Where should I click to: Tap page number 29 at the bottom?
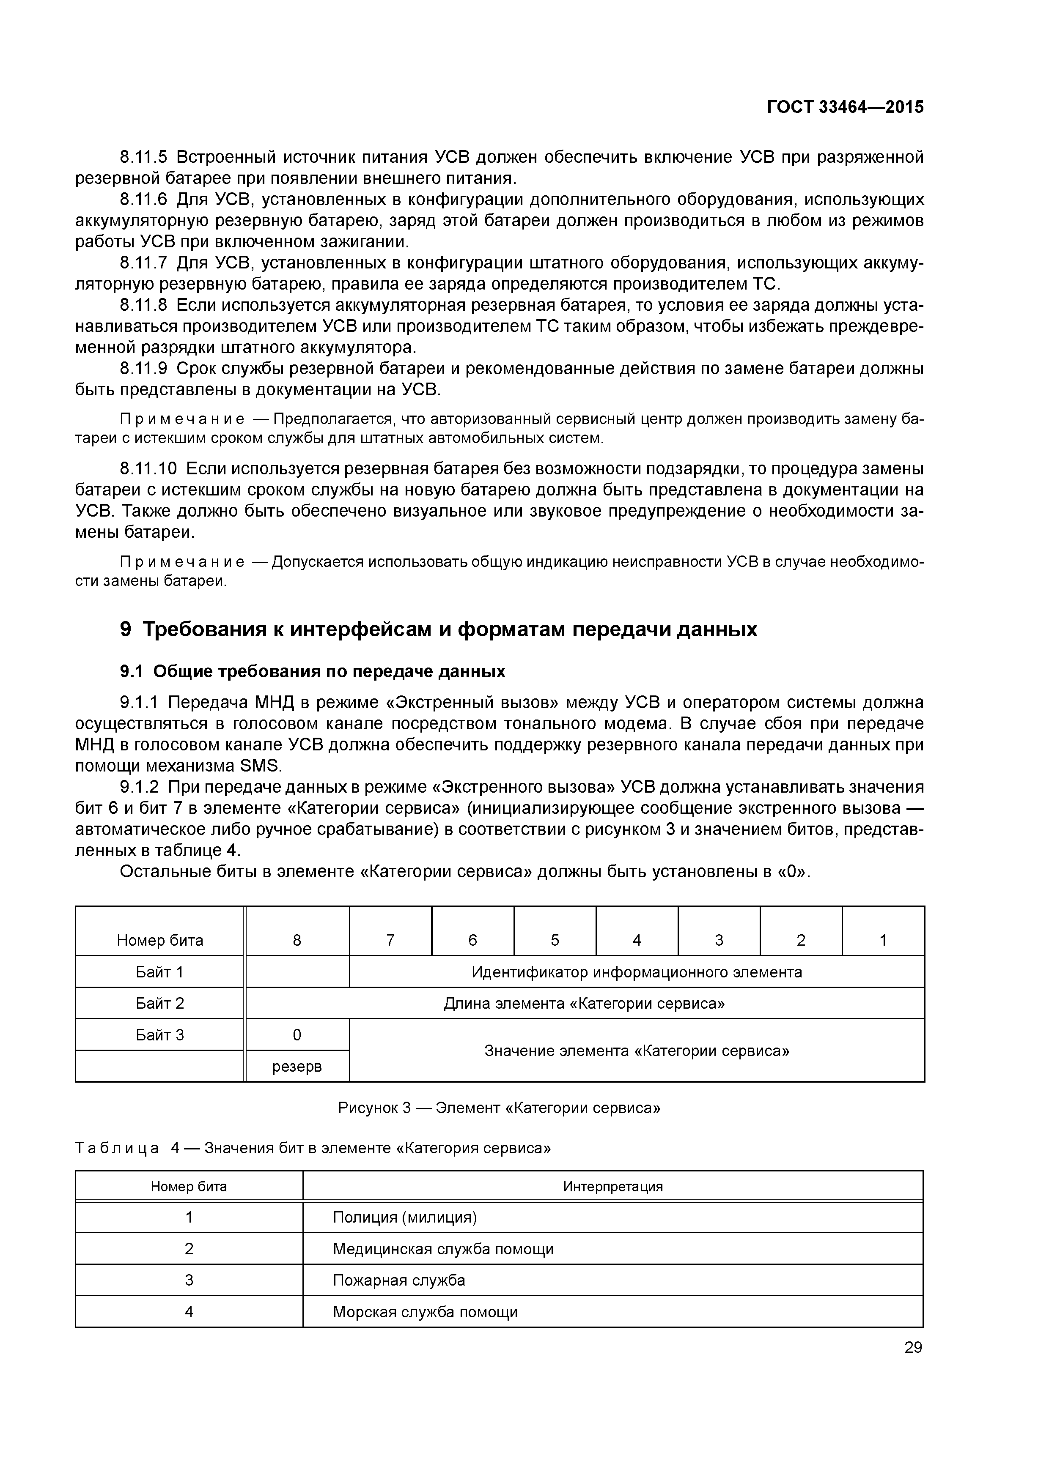coord(913,1347)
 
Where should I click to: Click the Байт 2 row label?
coord(159,1003)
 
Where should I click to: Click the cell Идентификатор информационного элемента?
coord(636,972)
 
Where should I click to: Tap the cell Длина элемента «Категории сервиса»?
coord(584,1003)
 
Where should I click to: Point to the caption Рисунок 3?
coord(499,1108)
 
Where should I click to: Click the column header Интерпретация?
coord(612,1187)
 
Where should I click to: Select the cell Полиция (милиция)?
coord(405,1218)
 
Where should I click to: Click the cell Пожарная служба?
coord(399,1280)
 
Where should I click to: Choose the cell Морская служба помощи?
coord(425,1312)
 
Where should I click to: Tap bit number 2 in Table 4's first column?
coord(189,1249)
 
